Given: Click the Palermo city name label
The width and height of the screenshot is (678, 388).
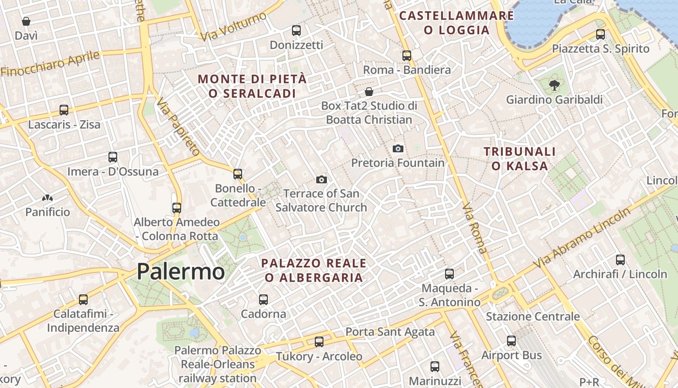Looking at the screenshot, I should coord(181,272).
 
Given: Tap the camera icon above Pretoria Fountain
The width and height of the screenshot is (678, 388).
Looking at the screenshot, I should coord(398,148).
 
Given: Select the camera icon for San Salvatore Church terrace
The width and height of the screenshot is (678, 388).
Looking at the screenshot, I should coord(321,180).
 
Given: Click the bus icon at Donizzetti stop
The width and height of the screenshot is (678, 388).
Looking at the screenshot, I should coord(296,31).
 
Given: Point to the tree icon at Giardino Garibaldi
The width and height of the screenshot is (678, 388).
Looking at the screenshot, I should coord(554,86).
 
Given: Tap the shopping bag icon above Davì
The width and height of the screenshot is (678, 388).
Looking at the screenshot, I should coord(26,21).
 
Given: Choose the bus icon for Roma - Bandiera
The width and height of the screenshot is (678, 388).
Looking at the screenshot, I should coord(406,55).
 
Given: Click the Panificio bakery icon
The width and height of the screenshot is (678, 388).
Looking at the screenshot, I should coord(47,198).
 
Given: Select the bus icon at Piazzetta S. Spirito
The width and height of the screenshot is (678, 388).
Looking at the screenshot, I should coord(601,34).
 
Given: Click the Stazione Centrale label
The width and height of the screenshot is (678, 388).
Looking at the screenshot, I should coord(533,317).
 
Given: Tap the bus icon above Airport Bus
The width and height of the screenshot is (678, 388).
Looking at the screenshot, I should coord(511,341).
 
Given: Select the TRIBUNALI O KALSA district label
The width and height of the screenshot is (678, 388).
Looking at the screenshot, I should coord(520,159).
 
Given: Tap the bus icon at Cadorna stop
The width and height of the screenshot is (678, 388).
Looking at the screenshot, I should coord(263,299).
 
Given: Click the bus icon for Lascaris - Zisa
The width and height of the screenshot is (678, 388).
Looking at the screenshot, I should coord(64,110).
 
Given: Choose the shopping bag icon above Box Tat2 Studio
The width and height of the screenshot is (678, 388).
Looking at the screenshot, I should coord(369,92).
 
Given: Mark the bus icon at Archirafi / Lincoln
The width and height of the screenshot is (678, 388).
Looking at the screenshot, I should coord(620,259).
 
